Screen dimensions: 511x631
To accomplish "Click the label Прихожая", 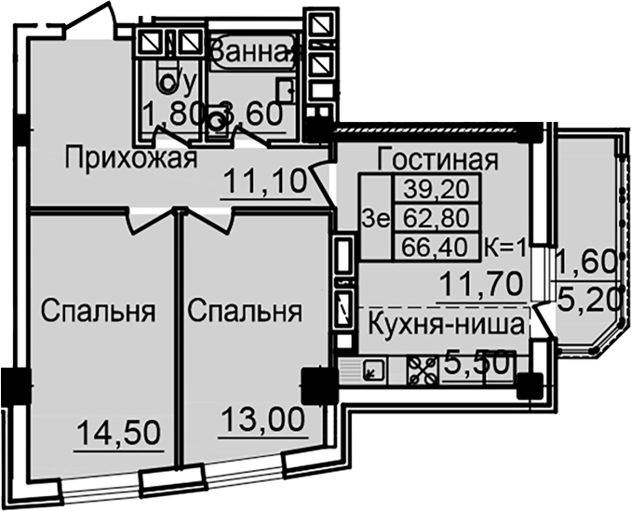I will [131, 159].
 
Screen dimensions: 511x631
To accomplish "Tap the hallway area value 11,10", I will [265, 180].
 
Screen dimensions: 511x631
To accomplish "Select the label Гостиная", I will [438, 159].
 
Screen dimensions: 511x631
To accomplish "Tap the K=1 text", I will [507, 248].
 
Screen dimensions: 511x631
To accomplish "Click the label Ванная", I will [252, 52].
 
